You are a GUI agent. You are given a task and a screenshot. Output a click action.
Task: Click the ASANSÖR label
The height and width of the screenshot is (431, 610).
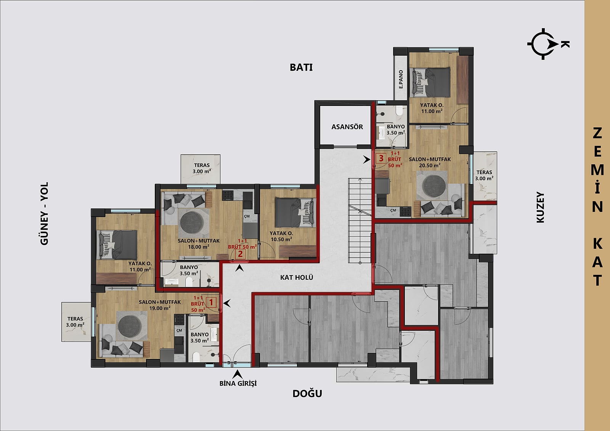(x=347, y=127)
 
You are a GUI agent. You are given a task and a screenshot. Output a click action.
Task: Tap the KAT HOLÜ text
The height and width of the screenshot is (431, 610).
(x=297, y=277)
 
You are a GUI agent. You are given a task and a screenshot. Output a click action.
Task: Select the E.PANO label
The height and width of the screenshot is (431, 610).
(x=401, y=80)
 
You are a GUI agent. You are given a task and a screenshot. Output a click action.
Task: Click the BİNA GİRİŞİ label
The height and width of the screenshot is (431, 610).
(x=238, y=383)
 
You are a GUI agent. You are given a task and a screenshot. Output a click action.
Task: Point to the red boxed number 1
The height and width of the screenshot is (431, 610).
(x=211, y=302)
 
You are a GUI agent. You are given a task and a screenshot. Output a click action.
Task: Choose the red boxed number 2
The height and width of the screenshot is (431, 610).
(x=240, y=254)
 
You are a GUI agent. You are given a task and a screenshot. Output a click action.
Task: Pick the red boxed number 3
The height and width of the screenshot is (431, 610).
(x=381, y=158)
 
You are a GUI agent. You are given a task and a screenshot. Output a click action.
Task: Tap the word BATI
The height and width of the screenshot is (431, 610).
(x=301, y=67)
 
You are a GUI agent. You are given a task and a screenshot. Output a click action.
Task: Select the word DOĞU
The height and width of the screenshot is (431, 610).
(x=307, y=394)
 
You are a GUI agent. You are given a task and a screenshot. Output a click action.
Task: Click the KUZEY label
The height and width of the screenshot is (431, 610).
(x=540, y=207)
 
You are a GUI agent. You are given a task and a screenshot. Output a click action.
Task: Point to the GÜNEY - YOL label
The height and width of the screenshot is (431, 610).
(x=44, y=213)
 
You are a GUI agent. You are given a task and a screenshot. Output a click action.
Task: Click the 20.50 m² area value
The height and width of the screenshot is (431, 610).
(x=430, y=165)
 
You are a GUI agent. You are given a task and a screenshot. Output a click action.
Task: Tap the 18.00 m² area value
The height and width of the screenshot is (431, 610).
(x=199, y=247)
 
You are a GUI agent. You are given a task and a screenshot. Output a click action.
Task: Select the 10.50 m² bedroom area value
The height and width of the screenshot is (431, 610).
(x=281, y=239)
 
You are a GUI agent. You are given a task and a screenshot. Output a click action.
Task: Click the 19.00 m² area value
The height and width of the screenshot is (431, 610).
(x=160, y=308)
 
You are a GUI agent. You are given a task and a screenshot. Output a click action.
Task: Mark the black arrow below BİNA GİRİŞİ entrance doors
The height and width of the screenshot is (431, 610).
(x=238, y=374)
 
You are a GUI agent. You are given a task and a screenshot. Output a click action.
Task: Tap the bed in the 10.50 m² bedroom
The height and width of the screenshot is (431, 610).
(x=296, y=212)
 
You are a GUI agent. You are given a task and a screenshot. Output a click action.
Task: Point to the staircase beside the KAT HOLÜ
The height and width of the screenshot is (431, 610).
(x=360, y=221)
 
